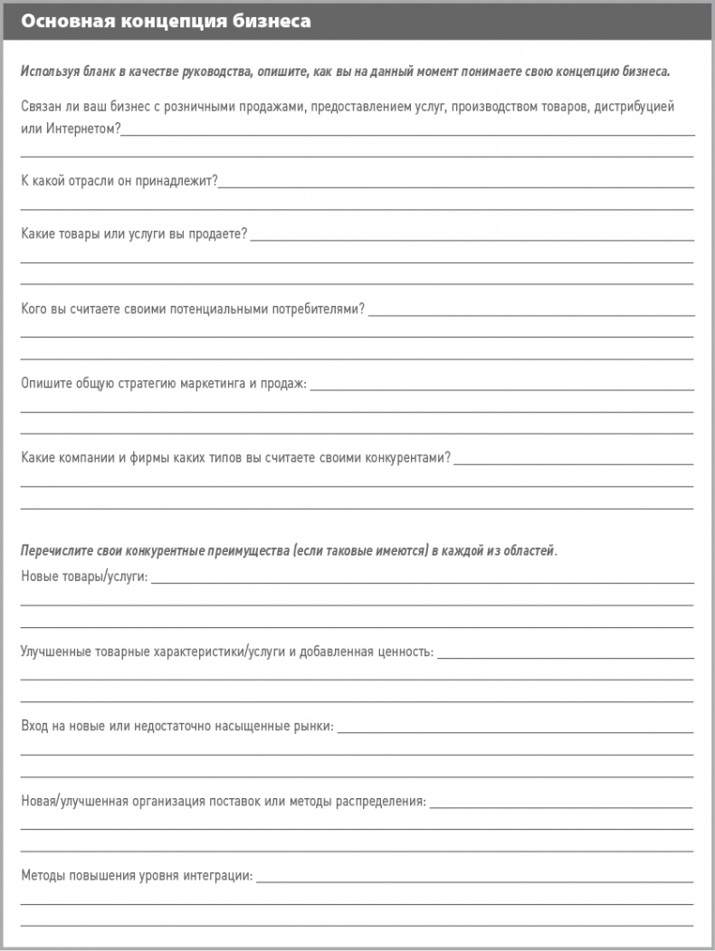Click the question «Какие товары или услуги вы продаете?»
tap(134, 234)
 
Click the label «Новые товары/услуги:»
tap(84, 576)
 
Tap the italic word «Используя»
tap(47, 71)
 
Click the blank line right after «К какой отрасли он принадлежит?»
tap(456, 185)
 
